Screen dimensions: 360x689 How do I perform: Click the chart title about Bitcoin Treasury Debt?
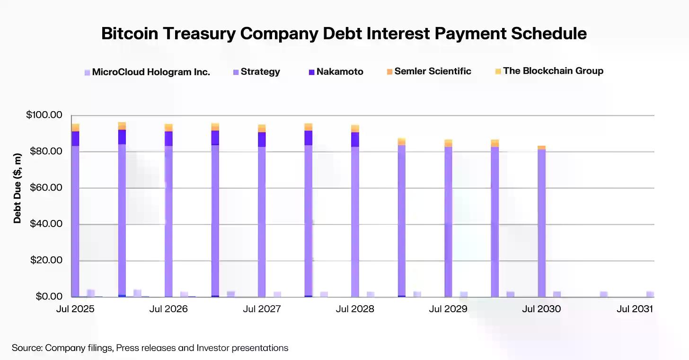tap(344, 34)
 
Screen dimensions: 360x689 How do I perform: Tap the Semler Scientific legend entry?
tap(429, 71)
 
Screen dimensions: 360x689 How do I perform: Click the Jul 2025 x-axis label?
tap(75, 309)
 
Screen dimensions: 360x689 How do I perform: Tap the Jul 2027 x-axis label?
tap(262, 309)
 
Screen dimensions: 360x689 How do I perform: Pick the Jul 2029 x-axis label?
tap(448, 309)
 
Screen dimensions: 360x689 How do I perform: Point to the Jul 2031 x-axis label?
tap(635, 309)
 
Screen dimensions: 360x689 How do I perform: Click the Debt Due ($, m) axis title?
tap(18, 188)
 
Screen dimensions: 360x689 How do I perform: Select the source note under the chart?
tap(150, 348)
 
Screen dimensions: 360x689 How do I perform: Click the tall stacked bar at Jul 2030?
tap(541, 222)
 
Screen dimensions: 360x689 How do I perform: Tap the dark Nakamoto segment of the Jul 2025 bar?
tap(75, 138)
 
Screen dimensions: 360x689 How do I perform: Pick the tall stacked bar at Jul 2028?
tap(355, 218)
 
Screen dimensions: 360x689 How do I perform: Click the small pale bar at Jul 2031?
tap(650, 294)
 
